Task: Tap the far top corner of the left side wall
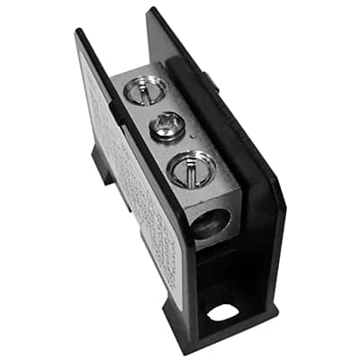click(81, 33)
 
